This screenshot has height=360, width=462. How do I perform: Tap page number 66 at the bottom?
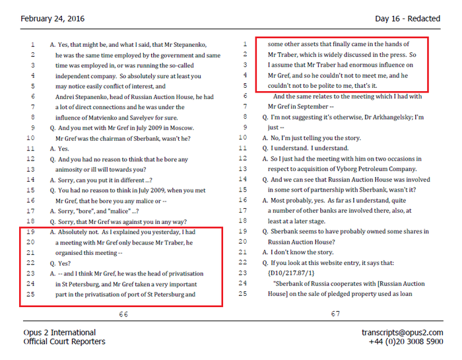(x=123, y=314)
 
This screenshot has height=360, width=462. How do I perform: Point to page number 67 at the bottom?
(x=336, y=314)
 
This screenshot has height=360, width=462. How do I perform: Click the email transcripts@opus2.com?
(x=403, y=332)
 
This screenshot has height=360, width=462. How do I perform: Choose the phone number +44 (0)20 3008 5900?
(x=407, y=342)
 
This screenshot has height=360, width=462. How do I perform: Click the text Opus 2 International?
(x=59, y=332)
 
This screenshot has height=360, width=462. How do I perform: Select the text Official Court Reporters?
(x=64, y=342)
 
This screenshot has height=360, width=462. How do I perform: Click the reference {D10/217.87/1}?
(x=292, y=273)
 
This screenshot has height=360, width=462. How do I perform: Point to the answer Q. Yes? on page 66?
(x=63, y=263)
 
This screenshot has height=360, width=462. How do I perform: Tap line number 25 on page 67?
(x=244, y=293)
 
